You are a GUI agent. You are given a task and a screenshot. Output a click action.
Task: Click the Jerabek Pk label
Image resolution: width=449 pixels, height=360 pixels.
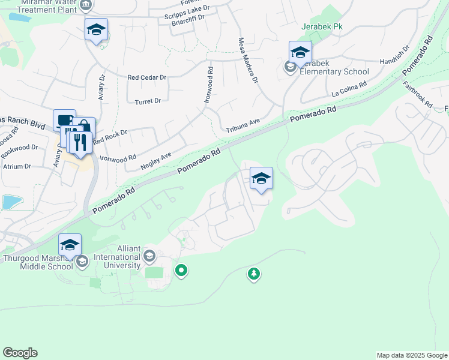coord(321,27)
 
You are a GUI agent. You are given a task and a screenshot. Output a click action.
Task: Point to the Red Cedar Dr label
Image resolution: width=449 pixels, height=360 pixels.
coord(147,77)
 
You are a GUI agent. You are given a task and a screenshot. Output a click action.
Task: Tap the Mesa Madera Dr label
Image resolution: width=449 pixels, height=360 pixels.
coord(248,61)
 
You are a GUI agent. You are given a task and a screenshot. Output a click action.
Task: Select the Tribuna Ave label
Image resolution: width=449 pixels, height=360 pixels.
coord(243,125)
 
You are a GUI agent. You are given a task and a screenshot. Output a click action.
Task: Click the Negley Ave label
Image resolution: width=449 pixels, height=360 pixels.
coord(156,159)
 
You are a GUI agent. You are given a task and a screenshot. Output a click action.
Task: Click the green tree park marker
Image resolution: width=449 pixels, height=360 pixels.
coord(254,274)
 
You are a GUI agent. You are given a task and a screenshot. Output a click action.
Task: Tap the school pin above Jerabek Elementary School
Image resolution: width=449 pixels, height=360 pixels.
coord(300,52)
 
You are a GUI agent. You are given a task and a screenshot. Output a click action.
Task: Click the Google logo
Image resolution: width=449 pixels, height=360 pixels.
coord(20,353)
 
